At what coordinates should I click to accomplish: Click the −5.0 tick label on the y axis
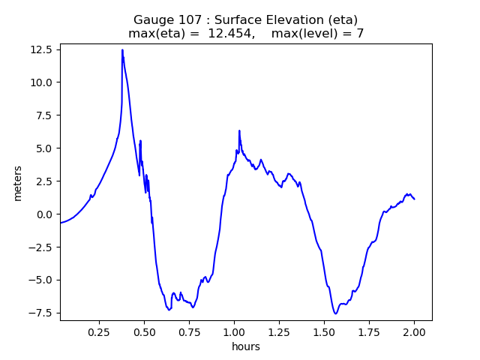point(42,280)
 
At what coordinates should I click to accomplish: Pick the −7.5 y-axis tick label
point(42,313)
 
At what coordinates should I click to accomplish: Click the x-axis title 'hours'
point(245,346)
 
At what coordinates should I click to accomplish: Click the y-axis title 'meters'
point(18,182)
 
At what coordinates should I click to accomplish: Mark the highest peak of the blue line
point(122,50)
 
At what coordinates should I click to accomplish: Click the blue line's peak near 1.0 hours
point(239,130)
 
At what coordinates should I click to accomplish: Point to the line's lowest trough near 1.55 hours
point(335,313)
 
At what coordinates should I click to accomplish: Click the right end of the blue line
point(414,199)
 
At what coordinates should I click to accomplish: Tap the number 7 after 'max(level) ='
point(360,34)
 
